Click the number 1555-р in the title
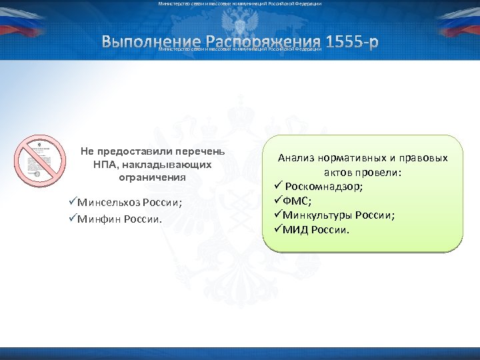pos(351,42)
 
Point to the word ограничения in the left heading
pos(152,177)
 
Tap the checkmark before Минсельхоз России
pos(72,203)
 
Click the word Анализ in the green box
pos(297,159)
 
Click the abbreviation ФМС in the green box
pos(299,201)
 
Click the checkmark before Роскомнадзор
pos(279,187)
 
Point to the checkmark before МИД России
pos(279,230)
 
